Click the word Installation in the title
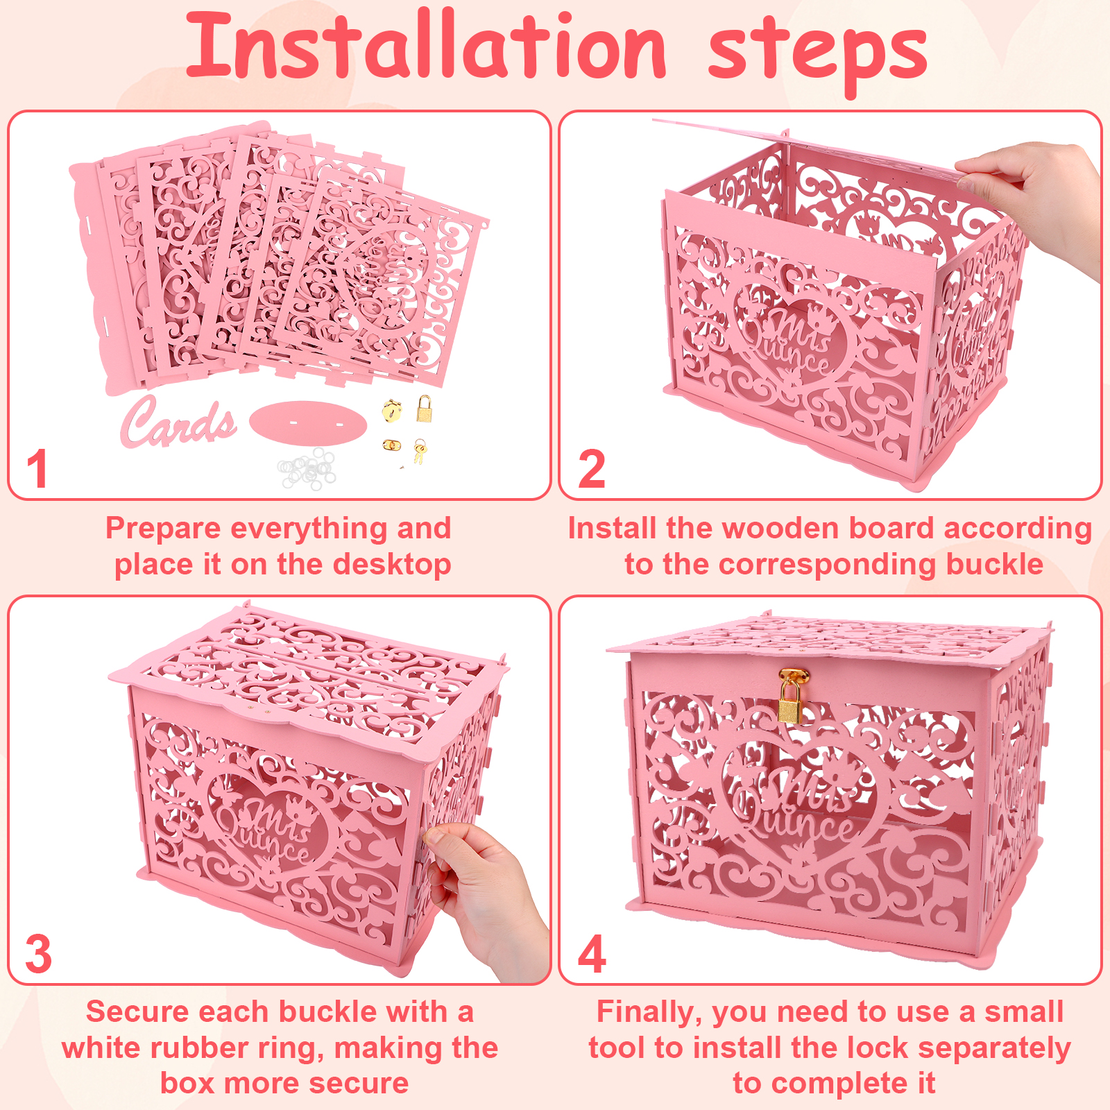pos(426,46)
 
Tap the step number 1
pos(37,469)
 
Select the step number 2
pos(592,470)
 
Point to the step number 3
pos(39,955)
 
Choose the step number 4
pos(592,955)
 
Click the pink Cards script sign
pos(178,421)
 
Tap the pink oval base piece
pos(308,421)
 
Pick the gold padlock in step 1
pos(424,409)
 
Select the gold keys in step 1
pos(420,451)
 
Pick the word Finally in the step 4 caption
pos(651,1013)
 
